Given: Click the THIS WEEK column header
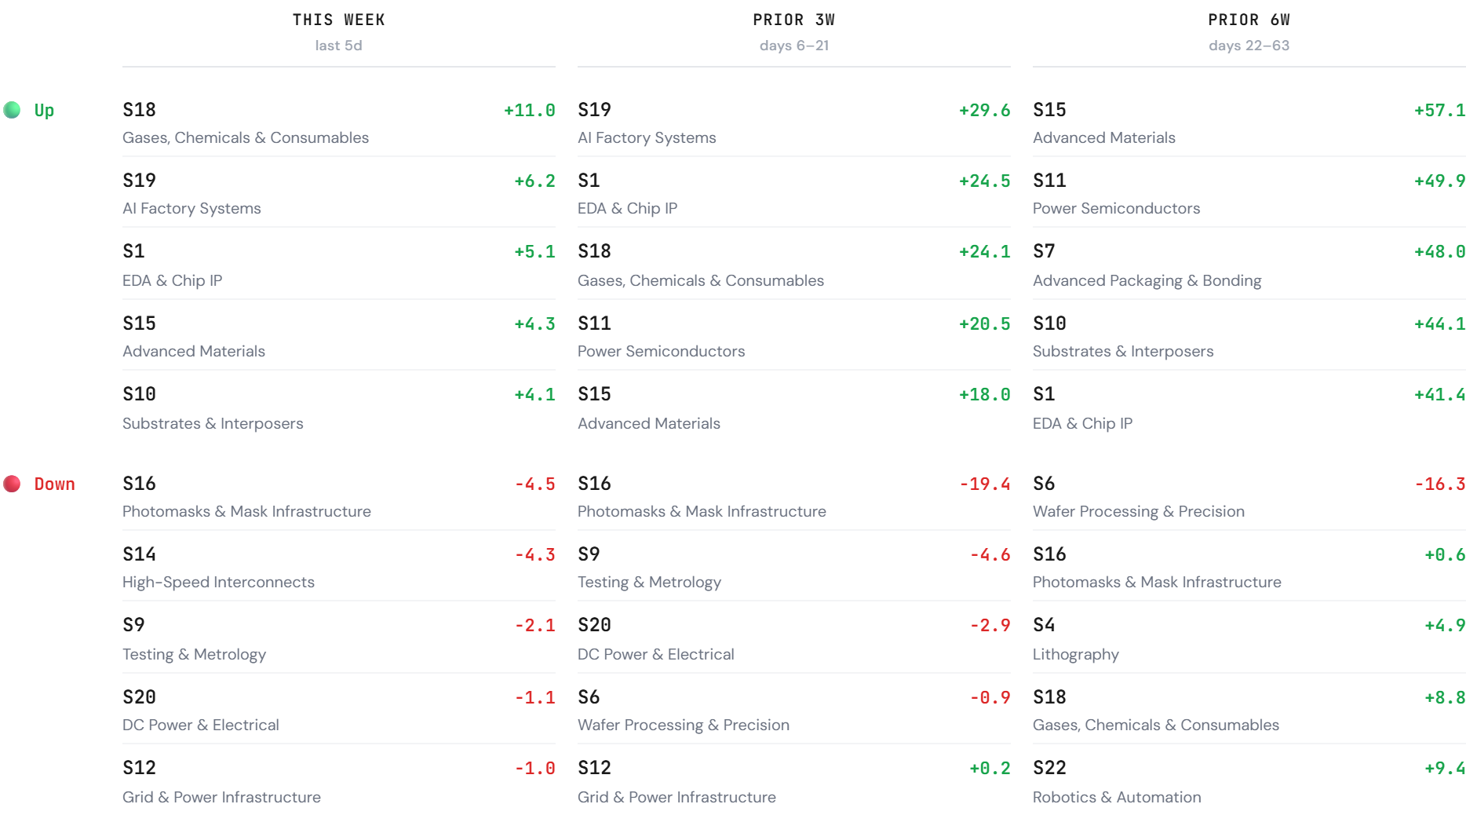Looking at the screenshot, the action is (x=338, y=20).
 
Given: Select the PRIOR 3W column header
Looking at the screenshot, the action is (x=793, y=20).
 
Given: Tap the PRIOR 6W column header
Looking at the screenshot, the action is (x=1249, y=20).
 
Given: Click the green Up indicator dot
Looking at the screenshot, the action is (x=12, y=110).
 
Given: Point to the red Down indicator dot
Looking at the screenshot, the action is (x=12, y=484).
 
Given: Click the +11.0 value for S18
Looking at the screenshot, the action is (x=529, y=110).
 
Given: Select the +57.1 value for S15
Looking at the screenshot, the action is (x=1439, y=110).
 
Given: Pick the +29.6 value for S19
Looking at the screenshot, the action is (x=984, y=110).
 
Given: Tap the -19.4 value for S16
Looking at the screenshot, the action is (x=984, y=484).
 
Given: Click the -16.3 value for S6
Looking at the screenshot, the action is (x=1439, y=484).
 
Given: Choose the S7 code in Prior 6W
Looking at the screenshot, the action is (x=1044, y=251).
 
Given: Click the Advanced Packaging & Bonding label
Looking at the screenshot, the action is (x=1147, y=280).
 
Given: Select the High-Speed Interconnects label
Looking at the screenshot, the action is (x=218, y=582).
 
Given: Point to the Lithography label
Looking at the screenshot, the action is (x=1075, y=654).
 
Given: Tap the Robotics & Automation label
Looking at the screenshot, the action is (x=1117, y=797).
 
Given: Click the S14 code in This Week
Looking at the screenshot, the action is (x=139, y=554).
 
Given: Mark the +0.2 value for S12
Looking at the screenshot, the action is (x=990, y=768).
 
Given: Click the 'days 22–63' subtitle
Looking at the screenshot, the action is (x=1249, y=46).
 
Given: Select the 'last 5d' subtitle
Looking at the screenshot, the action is (x=338, y=46).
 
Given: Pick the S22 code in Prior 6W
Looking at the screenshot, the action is (x=1049, y=768).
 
